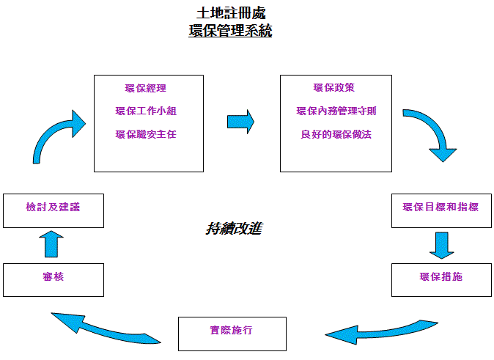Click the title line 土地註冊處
click(x=230, y=13)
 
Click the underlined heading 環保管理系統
click(x=230, y=32)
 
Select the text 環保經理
click(x=146, y=89)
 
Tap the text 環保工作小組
click(x=146, y=111)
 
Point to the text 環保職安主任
click(x=146, y=134)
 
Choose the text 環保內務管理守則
click(x=336, y=111)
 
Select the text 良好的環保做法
click(x=336, y=134)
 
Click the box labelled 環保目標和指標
click(x=440, y=208)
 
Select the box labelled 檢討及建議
click(x=53, y=209)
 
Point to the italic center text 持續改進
click(x=233, y=229)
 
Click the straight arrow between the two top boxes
click(x=240, y=122)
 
